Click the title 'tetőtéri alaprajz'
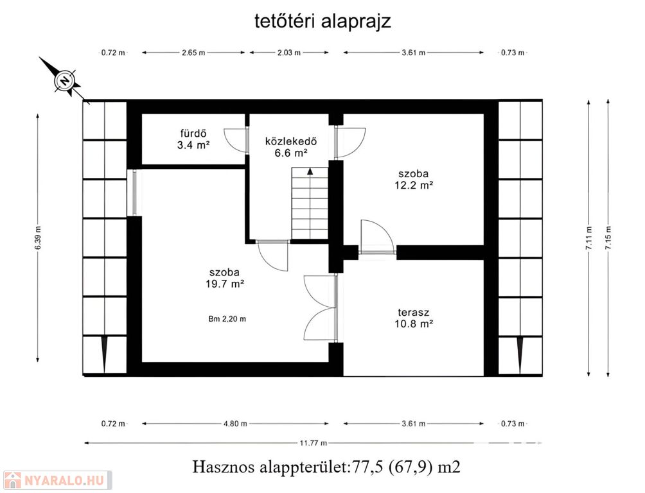(x=322, y=21)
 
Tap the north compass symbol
(x=65, y=80)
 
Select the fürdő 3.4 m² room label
(x=193, y=139)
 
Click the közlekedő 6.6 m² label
(x=291, y=147)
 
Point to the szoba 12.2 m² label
(x=414, y=179)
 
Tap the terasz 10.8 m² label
(x=414, y=318)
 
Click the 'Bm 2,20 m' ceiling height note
(x=227, y=318)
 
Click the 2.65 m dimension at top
(x=193, y=53)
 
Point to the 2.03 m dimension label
(x=288, y=53)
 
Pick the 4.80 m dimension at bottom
(x=235, y=424)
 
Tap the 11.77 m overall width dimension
(x=313, y=443)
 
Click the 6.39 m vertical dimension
(x=38, y=238)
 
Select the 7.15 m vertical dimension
(x=608, y=238)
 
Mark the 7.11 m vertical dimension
(x=589, y=238)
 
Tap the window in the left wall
(x=134, y=193)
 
